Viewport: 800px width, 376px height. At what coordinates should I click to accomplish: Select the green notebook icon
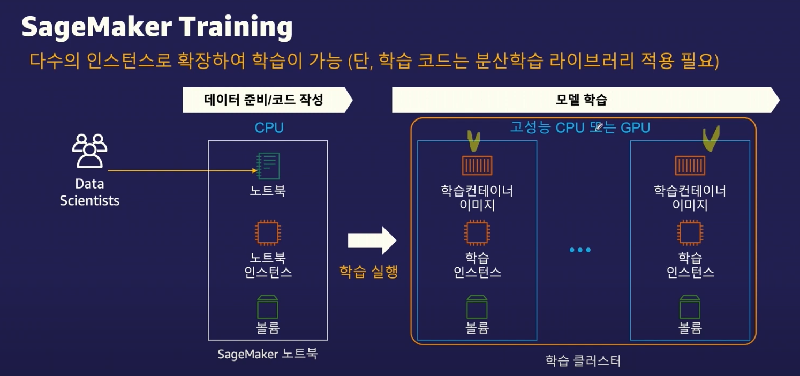268,166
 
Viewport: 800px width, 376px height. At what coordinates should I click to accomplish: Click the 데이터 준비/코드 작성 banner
264,100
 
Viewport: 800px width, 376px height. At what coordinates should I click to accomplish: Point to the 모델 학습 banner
581,100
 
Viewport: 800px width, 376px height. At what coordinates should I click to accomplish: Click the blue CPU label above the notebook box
269,128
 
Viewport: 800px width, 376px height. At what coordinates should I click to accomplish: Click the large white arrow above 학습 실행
372,240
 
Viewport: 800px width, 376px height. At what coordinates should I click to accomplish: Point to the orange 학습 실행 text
368,271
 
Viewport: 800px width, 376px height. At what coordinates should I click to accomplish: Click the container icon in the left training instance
477,166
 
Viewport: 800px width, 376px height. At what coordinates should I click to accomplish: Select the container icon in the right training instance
690,166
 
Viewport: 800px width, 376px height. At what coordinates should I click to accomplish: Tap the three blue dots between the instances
580,250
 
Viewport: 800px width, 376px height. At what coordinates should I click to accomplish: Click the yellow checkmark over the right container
710,138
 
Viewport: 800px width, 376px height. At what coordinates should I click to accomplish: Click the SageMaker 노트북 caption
267,354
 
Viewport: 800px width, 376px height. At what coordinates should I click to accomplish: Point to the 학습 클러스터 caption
583,360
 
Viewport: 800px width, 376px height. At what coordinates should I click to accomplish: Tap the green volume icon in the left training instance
477,306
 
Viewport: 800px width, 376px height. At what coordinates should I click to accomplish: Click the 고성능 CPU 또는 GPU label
580,128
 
